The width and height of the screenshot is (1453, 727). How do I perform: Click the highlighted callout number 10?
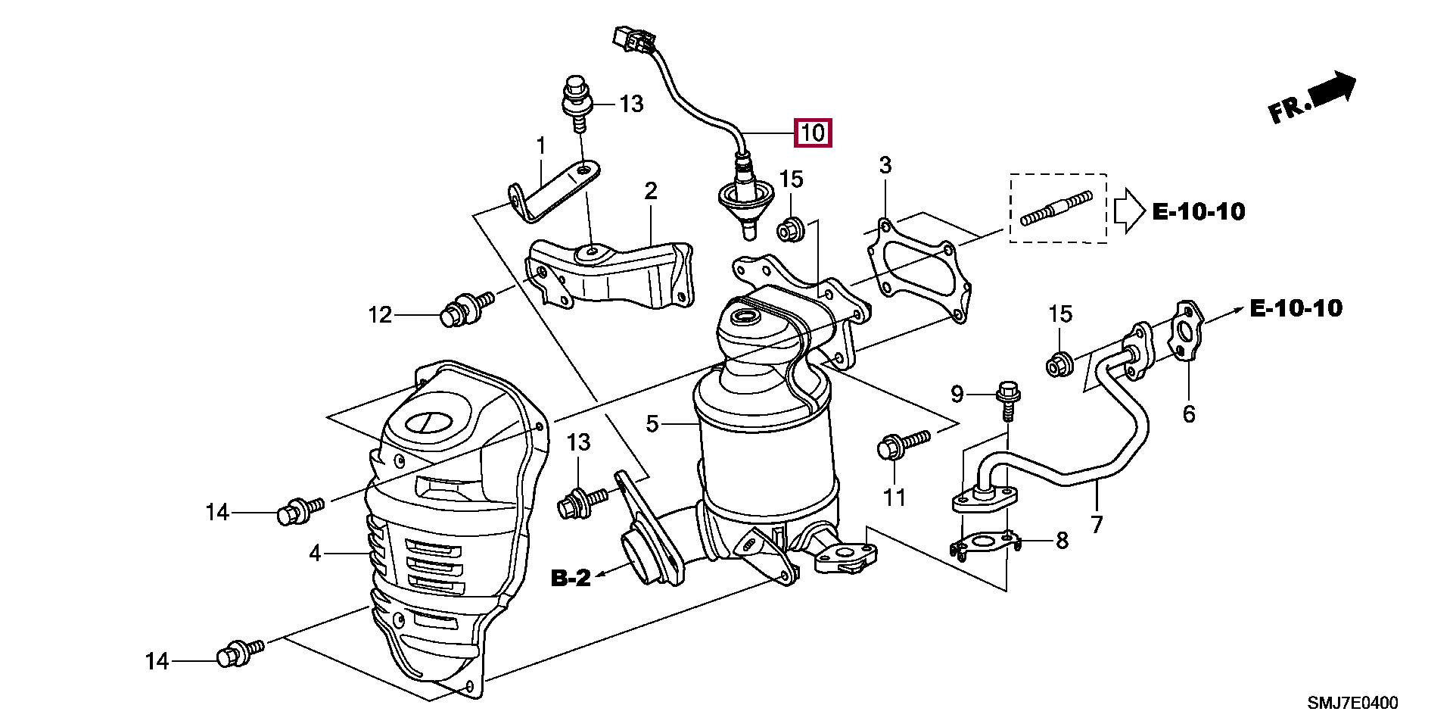click(812, 133)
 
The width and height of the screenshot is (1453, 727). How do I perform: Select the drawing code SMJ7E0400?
click(1352, 703)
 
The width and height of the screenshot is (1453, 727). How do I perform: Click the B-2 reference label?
click(571, 579)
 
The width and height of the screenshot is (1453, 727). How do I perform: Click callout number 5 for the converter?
click(652, 424)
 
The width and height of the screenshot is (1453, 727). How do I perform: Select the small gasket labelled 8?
click(984, 543)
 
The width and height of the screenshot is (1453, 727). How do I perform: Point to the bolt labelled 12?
click(464, 309)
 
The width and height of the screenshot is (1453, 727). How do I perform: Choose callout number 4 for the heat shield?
click(315, 554)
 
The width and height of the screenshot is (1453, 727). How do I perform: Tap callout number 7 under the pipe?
click(1097, 523)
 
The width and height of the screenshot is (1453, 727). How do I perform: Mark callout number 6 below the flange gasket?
click(1189, 413)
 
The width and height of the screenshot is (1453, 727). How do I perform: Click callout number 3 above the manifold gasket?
click(885, 165)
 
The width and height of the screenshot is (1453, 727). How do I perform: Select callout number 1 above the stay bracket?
click(541, 145)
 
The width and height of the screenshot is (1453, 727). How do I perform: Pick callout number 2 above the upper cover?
click(651, 191)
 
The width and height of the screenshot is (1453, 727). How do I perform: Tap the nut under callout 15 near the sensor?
click(791, 227)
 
